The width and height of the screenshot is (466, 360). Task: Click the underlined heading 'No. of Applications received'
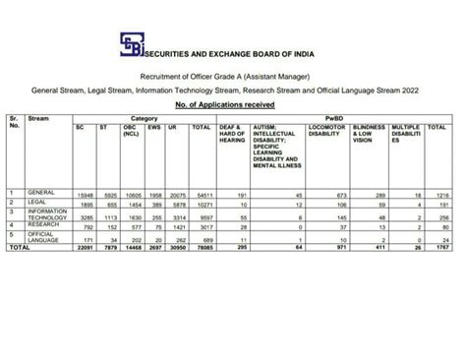(x=233, y=104)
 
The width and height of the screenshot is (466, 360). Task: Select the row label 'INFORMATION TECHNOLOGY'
(x=46, y=215)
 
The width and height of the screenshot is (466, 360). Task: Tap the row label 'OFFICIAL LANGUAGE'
(x=44, y=237)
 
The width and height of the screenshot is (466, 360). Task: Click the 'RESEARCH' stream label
(x=44, y=225)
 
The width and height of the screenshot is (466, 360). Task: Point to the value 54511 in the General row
(x=201, y=194)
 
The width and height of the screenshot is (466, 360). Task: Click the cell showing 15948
(x=85, y=194)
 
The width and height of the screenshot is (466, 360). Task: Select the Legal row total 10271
(x=201, y=204)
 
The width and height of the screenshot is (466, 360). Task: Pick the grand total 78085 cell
(x=201, y=248)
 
